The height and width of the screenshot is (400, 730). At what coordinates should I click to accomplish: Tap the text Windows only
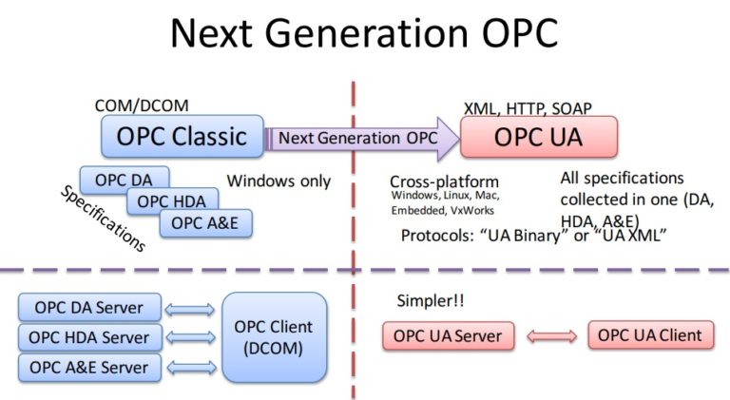click(279, 181)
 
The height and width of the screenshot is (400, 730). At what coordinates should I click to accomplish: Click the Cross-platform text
click(444, 181)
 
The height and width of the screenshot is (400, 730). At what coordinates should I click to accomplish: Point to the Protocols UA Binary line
click(531, 236)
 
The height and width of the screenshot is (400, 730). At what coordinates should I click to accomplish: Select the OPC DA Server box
click(89, 308)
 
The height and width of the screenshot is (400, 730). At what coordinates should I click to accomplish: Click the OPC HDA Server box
click(89, 337)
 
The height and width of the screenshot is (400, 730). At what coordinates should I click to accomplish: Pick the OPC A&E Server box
click(89, 367)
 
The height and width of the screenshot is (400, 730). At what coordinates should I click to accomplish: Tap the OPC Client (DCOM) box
click(273, 337)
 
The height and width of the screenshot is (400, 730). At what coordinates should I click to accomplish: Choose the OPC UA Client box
click(650, 335)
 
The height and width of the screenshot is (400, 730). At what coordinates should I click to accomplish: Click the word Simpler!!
click(428, 301)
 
